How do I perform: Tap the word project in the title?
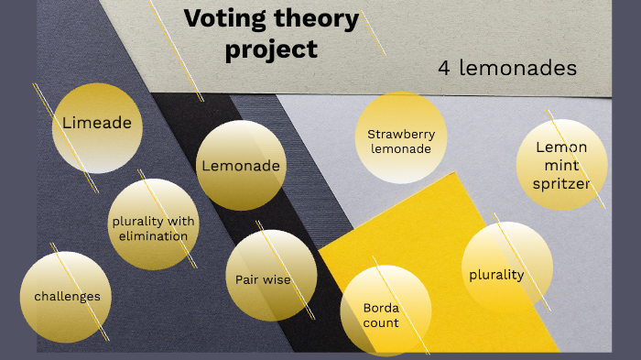(270, 49)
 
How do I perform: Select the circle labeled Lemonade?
(241, 166)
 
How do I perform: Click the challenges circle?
(66, 295)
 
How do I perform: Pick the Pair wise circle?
(270, 277)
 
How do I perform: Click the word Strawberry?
(401, 135)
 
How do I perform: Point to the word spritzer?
(561, 184)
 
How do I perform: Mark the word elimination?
(153, 235)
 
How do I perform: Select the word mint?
(561, 166)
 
